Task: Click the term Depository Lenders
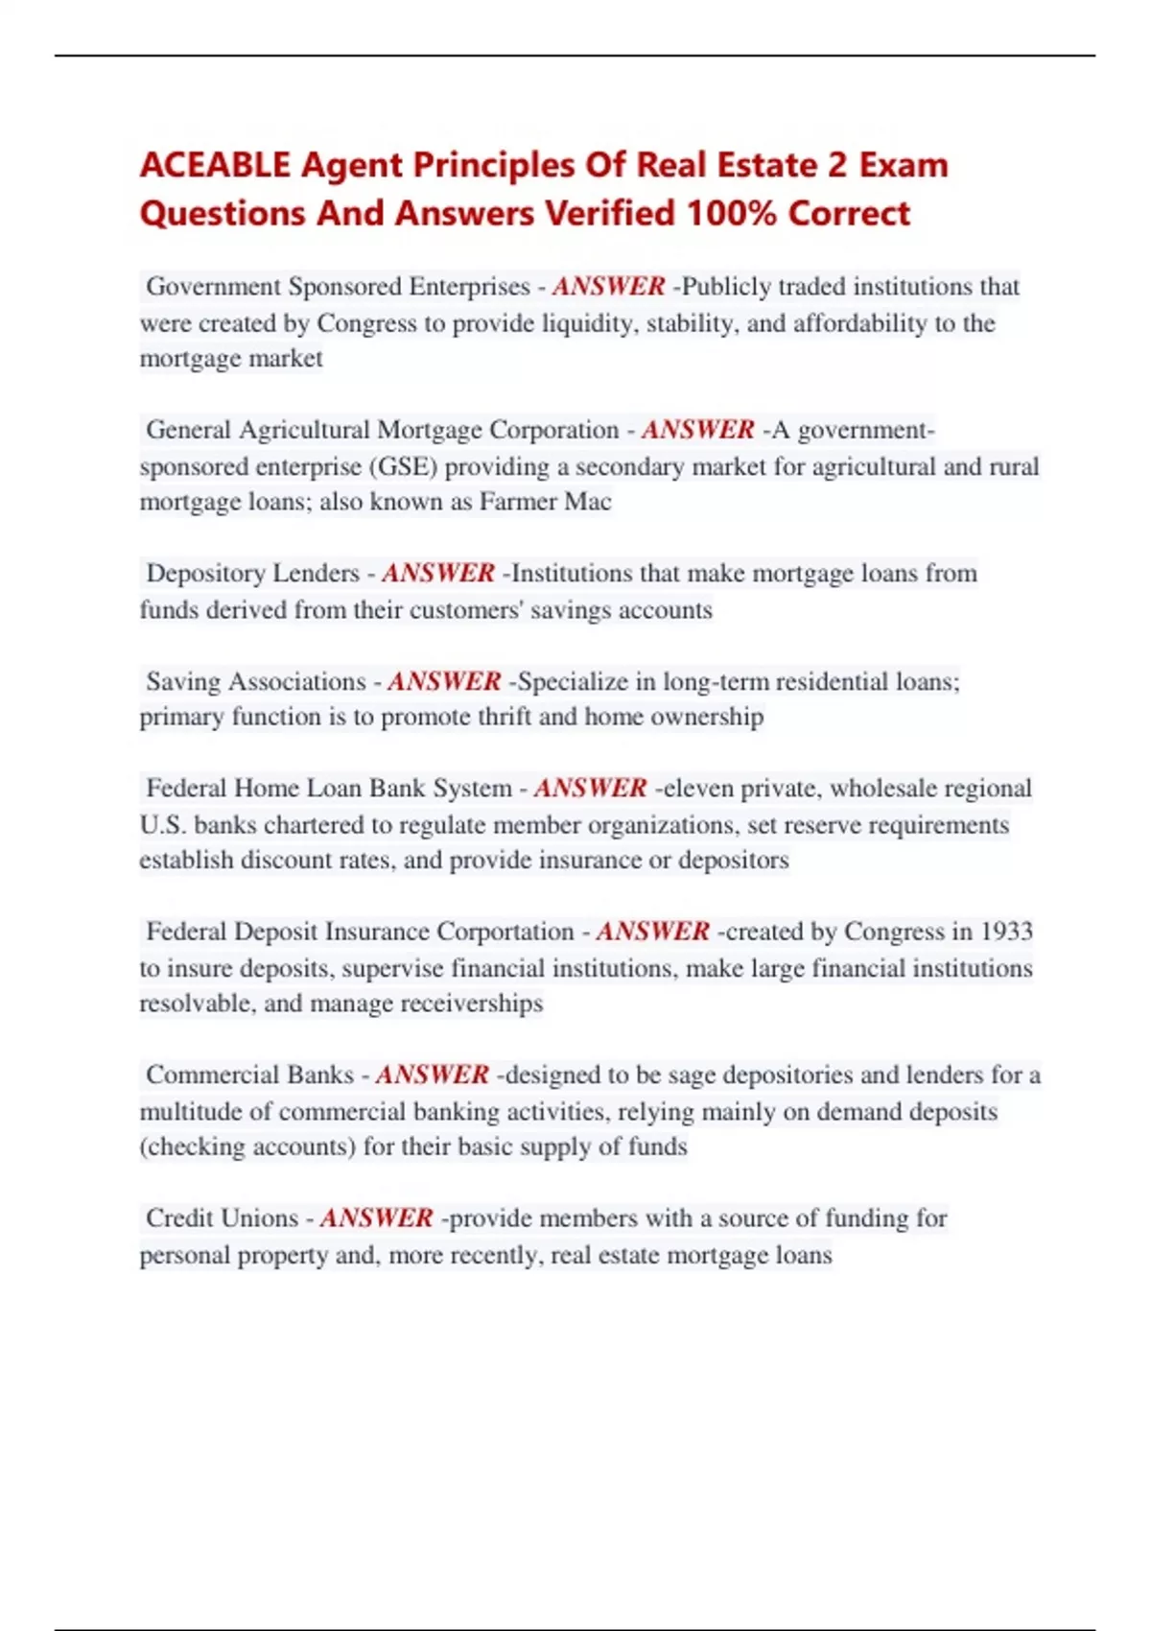(252, 574)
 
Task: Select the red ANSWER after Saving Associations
(444, 681)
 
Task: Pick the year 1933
(1006, 932)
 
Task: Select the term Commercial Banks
(249, 1075)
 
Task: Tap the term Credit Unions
(222, 1218)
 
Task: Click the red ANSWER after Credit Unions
(376, 1218)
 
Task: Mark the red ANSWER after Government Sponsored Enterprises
(608, 287)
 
